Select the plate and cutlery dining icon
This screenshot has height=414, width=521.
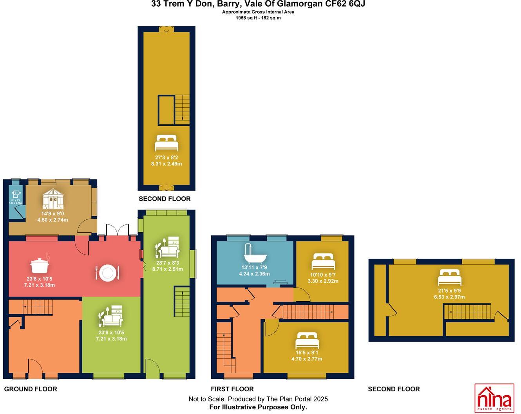[x=107, y=273]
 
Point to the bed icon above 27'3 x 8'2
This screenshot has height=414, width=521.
[x=166, y=143]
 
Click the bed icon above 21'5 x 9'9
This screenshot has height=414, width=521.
[x=449, y=277]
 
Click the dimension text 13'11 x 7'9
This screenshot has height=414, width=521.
[x=254, y=268]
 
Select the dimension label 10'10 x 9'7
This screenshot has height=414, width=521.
[x=323, y=275]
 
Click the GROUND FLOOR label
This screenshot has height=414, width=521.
[x=31, y=389]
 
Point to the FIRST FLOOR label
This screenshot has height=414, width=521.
[x=232, y=389]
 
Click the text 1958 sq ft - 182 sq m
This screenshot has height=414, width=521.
[x=258, y=18]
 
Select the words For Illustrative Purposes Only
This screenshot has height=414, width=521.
[x=258, y=407]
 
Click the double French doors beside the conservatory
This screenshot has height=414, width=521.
[x=118, y=230]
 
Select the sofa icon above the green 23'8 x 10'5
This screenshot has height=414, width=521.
[x=112, y=316]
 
